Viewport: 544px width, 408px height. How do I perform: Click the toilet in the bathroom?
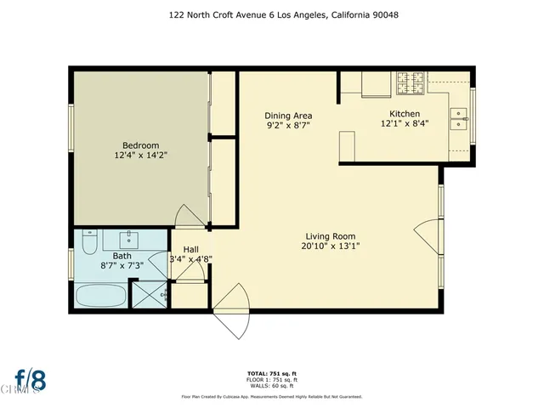pos(89,245)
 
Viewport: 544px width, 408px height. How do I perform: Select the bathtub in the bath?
pos(100,297)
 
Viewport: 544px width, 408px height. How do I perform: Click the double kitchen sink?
pos(458,118)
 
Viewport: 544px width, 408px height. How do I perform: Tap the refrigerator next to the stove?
pos(375,84)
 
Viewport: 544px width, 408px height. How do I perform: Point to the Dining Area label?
pos(287,116)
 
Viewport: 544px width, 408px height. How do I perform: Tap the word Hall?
pos(191,249)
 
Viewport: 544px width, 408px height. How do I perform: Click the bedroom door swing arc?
pos(189,216)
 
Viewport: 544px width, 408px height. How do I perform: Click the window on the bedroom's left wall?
pos(71,127)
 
